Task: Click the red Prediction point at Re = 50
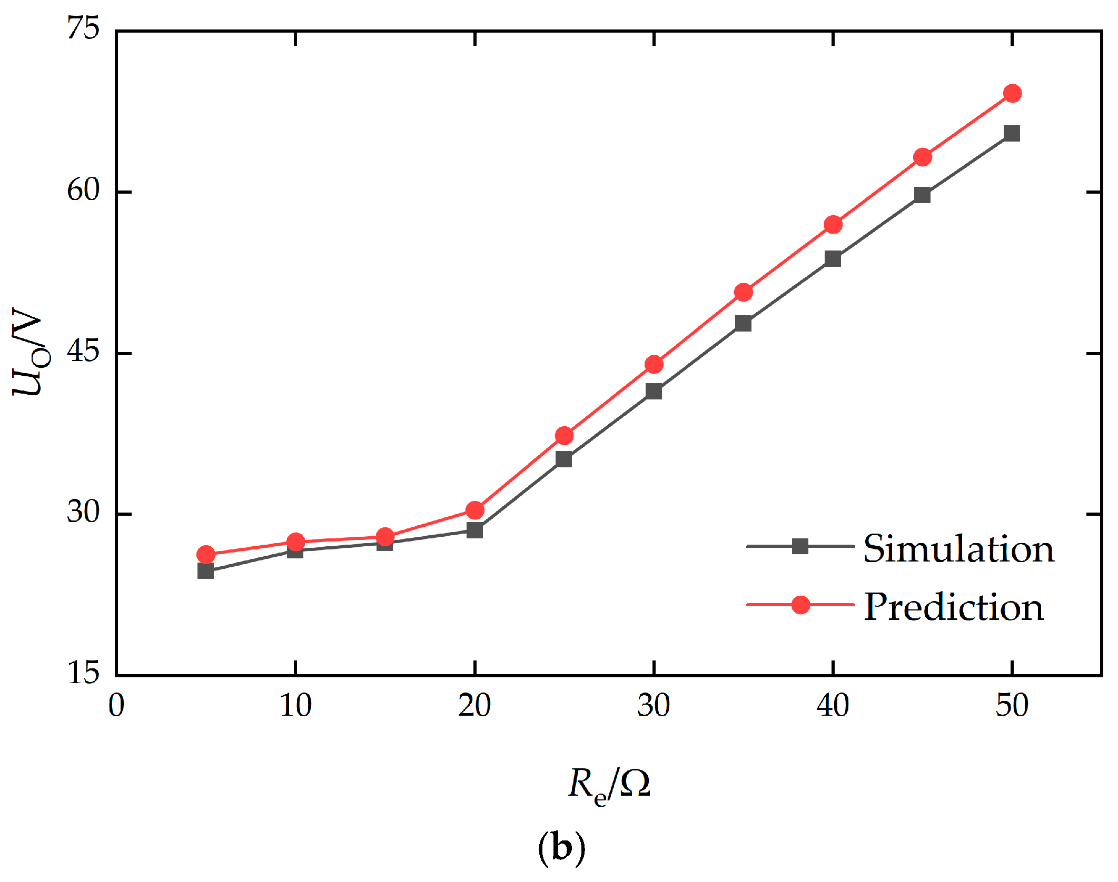(x=1012, y=94)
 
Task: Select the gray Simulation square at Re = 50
(x=1012, y=134)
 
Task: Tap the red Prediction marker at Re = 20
(x=475, y=510)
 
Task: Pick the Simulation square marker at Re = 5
(x=205, y=570)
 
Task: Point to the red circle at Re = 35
(x=743, y=292)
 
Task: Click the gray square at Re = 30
(x=654, y=391)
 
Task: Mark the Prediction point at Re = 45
(x=923, y=157)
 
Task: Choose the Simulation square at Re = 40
(x=833, y=258)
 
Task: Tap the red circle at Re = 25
(x=564, y=436)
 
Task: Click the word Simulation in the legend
(x=958, y=549)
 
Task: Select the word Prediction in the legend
(x=954, y=607)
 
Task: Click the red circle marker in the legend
(x=800, y=605)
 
